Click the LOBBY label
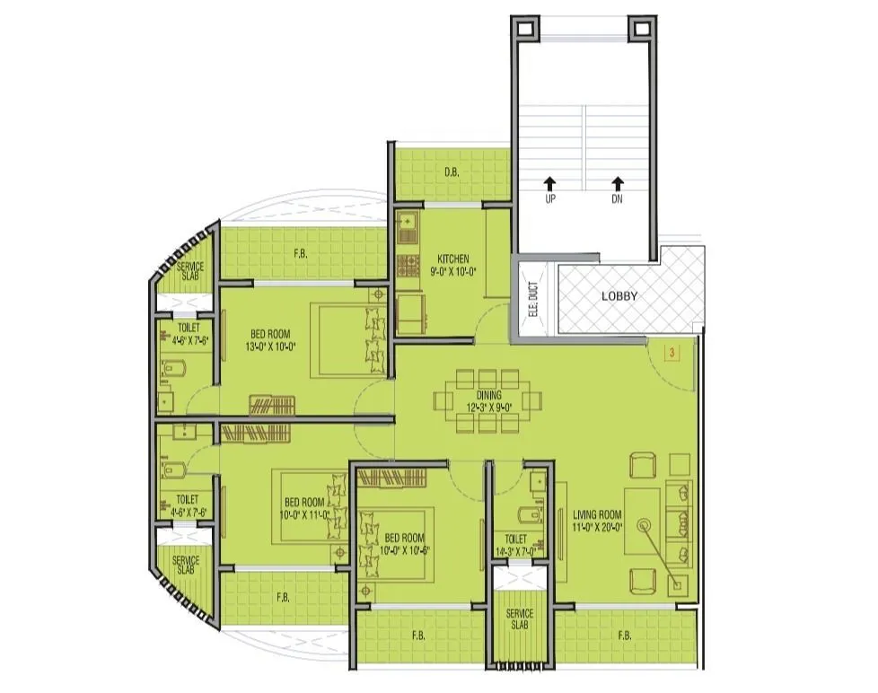pos(619,296)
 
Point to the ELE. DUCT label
pos(532,298)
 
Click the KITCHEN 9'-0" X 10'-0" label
pos(454,265)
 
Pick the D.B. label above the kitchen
pos(452,172)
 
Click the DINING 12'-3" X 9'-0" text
pos(489,401)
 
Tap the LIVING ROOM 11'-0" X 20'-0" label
pos(598,522)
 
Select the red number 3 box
pos(672,354)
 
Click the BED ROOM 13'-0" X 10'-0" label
pos(270,340)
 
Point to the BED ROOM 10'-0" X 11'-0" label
pos(303,508)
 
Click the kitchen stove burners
pos(409,264)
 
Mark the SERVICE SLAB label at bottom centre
pos(519,619)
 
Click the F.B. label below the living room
pos(624,636)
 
